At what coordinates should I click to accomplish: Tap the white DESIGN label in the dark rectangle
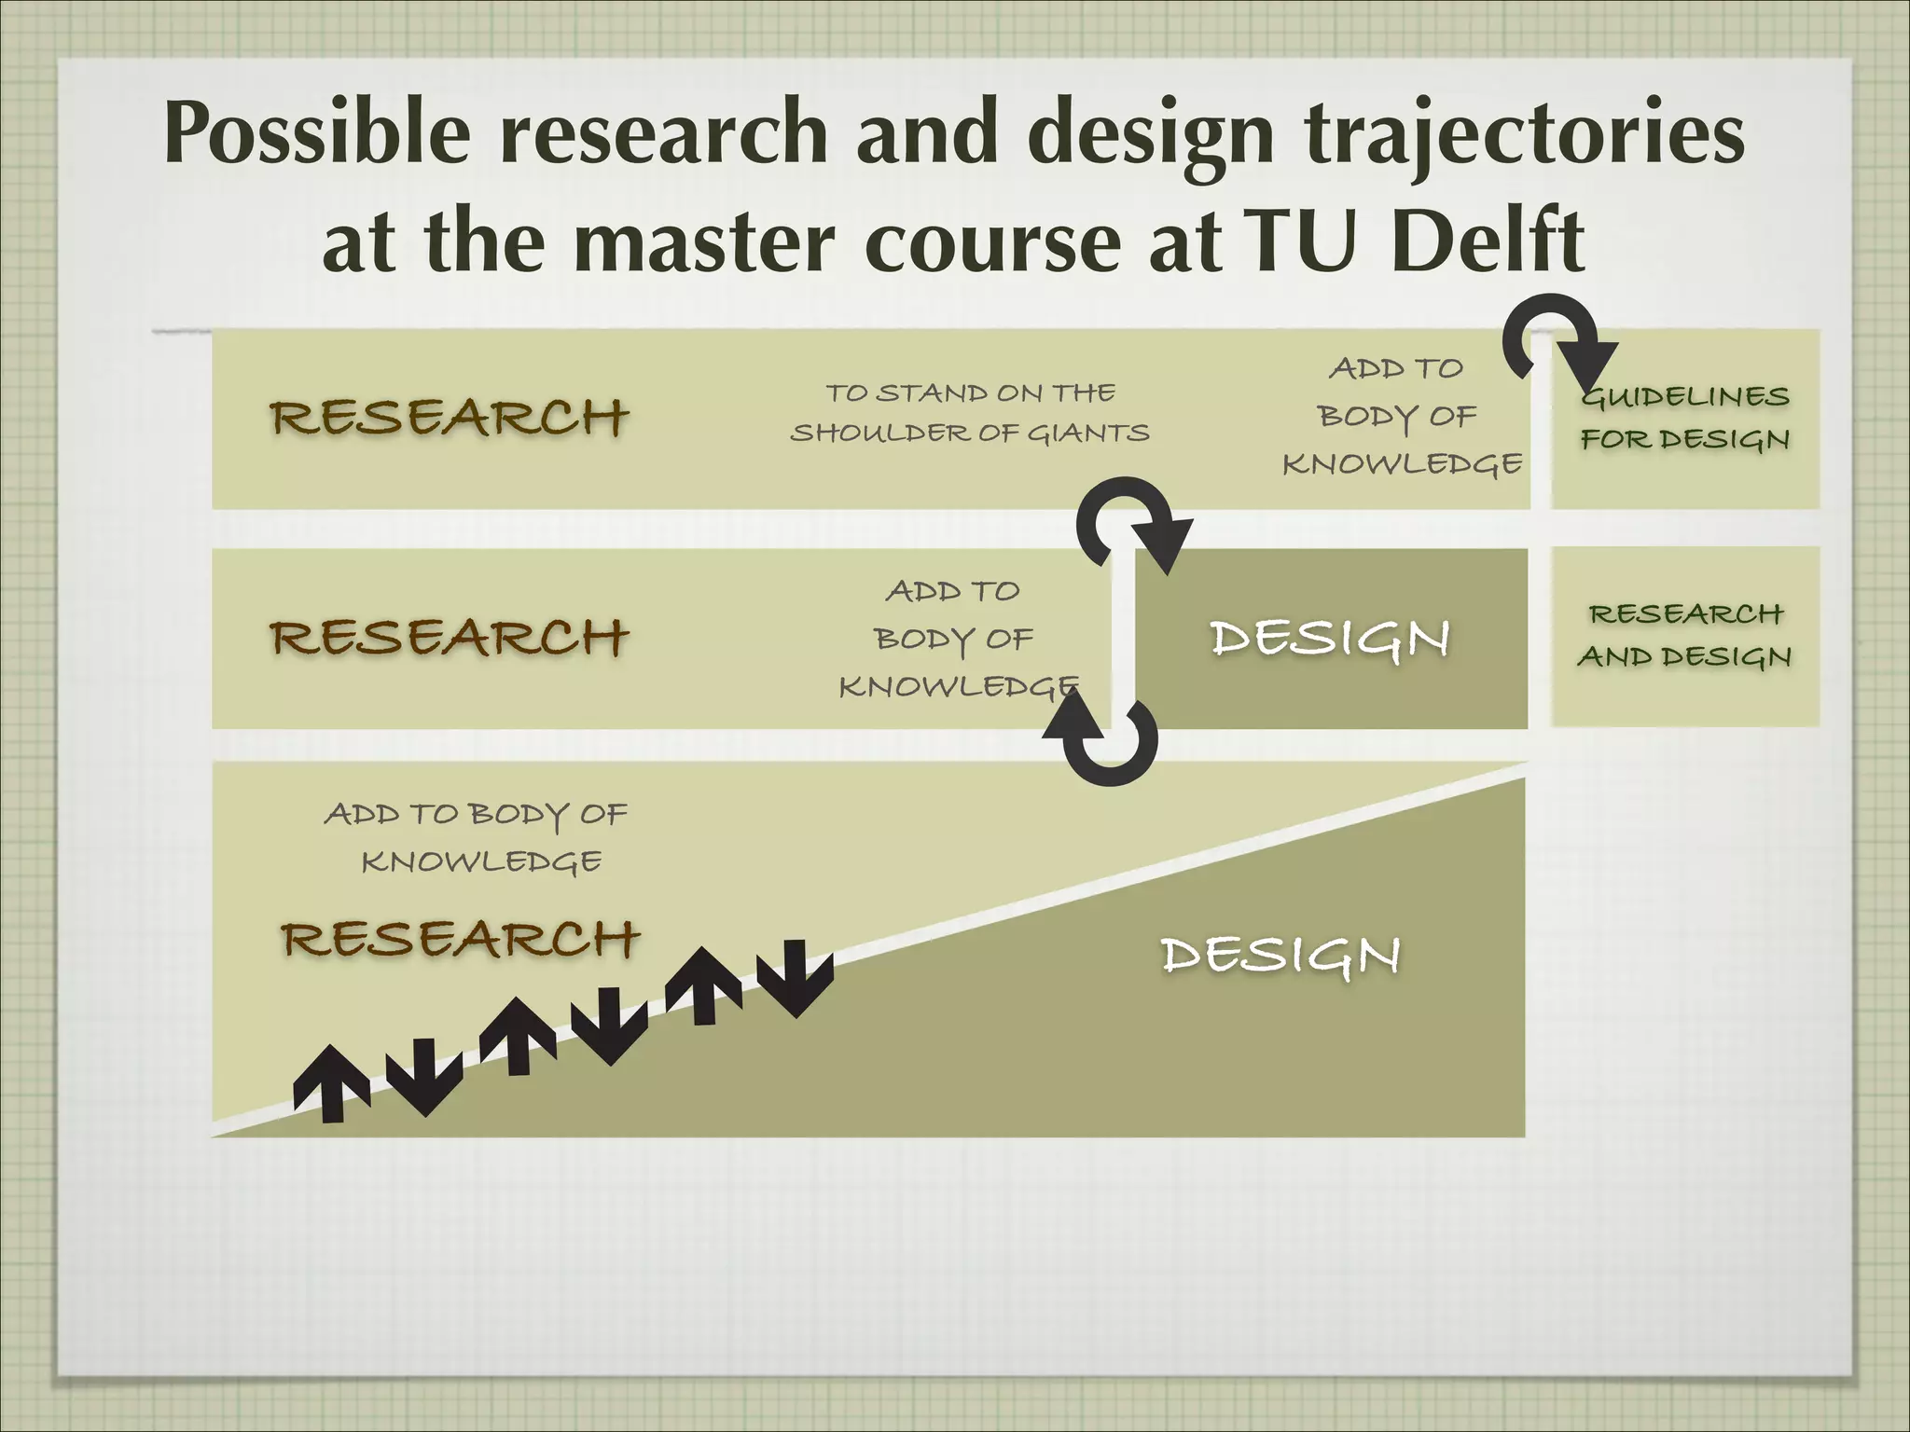(1330, 640)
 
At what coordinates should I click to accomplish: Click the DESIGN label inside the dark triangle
(1280, 957)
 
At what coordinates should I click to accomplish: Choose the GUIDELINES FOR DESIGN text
(1685, 418)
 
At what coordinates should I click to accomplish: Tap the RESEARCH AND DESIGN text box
(1685, 635)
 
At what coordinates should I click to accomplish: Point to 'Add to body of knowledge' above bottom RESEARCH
(477, 837)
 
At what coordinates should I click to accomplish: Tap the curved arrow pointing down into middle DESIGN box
(1130, 522)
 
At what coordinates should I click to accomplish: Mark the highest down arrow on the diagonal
(796, 977)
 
